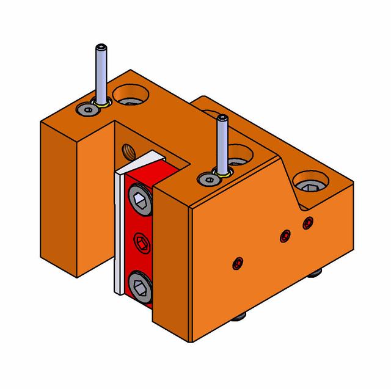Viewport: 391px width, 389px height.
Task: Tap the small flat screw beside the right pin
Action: coord(210,180)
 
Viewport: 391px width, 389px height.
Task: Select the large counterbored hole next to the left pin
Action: coord(131,95)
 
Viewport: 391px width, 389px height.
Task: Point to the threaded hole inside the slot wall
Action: coord(128,150)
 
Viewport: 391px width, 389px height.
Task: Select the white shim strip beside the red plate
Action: coord(119,232)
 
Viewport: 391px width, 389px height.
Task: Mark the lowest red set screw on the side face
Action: coord(237,264)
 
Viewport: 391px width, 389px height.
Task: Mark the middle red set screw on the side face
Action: coord(284,236)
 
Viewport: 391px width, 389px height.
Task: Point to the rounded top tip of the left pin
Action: coord(100,47)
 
